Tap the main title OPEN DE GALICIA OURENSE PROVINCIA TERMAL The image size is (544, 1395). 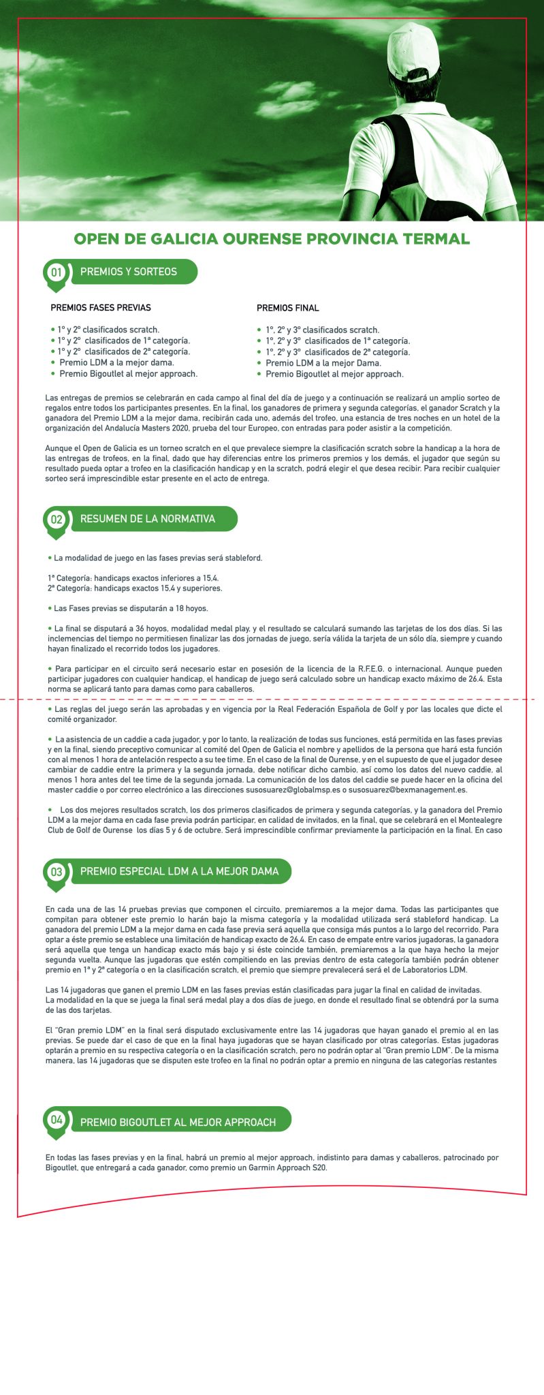click(272, 239)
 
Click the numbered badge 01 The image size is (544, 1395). click(56, 272)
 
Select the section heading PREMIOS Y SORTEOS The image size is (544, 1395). click(129, 272)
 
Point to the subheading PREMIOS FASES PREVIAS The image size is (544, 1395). click(101, 308)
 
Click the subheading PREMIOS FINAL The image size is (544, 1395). click(287, 308)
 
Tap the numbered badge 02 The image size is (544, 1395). click(56, 520)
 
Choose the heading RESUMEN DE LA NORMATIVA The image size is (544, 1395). click(147, 519)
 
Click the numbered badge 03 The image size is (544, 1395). click(56, 872)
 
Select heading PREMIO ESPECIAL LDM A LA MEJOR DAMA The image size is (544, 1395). click(179, 871)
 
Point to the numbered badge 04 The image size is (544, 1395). click(56, 1120)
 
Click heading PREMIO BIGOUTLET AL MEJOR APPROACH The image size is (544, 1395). click(178, 1122)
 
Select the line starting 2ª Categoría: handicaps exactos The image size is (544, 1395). click(135, 589)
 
